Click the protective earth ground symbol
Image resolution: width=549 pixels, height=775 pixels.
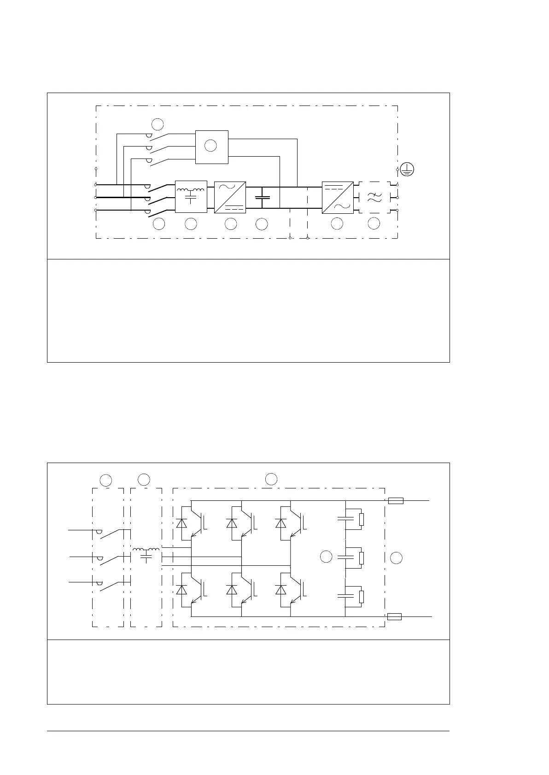pos(407,170)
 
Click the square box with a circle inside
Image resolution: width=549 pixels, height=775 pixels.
pos(211,147)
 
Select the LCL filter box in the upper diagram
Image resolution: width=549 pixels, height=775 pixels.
pos(191,197)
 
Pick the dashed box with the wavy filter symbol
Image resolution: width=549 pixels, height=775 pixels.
pos(374,197)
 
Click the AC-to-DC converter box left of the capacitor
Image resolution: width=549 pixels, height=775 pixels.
pos(230,197)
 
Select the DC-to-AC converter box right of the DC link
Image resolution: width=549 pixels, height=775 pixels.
pos(338,197)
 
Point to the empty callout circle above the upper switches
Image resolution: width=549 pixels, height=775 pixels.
pos(158,124)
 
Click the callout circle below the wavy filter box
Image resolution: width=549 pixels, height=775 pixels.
pos(374,224)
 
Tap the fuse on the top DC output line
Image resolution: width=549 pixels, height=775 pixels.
pos(396,500)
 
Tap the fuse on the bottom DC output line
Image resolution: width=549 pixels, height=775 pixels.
pos(395,616)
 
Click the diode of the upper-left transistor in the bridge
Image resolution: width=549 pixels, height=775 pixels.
pos(181,523)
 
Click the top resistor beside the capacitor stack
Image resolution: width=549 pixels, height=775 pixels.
pos(361,519)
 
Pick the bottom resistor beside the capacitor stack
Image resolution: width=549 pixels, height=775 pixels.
pos(361,596)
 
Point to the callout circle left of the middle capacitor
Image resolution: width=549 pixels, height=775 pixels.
pos(326,557)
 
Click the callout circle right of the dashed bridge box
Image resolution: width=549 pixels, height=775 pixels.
pos(396,558)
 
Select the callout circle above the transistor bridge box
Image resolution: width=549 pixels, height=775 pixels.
pos(271,479)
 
